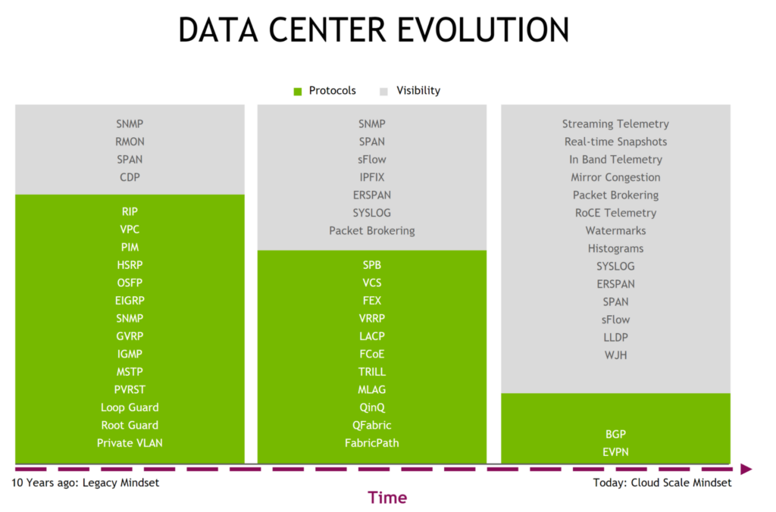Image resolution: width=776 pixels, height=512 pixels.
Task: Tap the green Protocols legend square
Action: [x=298, y=92]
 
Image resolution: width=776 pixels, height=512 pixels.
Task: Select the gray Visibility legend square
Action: [x=384, y=92]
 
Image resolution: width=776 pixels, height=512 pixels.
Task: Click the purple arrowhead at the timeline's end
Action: [x=746, y=469]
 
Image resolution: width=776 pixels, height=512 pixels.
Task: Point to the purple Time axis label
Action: [x=387, y=498]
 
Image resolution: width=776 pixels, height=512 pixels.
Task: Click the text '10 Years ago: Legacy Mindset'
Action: [x=86, y=483]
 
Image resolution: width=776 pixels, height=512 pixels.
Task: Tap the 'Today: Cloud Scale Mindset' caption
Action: [x=662, y=483]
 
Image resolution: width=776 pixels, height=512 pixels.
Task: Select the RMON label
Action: [x=130, y=142]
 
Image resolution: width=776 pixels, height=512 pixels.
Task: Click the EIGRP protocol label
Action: [x=130, y=301]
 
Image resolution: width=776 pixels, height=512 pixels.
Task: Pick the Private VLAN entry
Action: [x=130, y=443]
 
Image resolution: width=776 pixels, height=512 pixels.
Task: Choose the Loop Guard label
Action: [x=130, y=407]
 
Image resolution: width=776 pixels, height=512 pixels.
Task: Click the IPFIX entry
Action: [x=371, y=177]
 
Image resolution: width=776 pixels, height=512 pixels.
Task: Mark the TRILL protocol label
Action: [x=371, y=372]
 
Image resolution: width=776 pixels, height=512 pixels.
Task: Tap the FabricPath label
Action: [x=371, y=443]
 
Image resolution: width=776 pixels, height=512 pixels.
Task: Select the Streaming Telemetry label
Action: [x=615, y=124]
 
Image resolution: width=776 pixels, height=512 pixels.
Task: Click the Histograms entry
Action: [x=615, y=248]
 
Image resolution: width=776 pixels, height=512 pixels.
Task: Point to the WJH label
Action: [x=615, y=354]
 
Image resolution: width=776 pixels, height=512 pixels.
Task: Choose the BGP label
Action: [x=615, y=435]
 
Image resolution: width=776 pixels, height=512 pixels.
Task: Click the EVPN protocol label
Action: [x=615, y=452]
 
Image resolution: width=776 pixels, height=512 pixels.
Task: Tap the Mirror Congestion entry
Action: [x=615, y=177]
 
